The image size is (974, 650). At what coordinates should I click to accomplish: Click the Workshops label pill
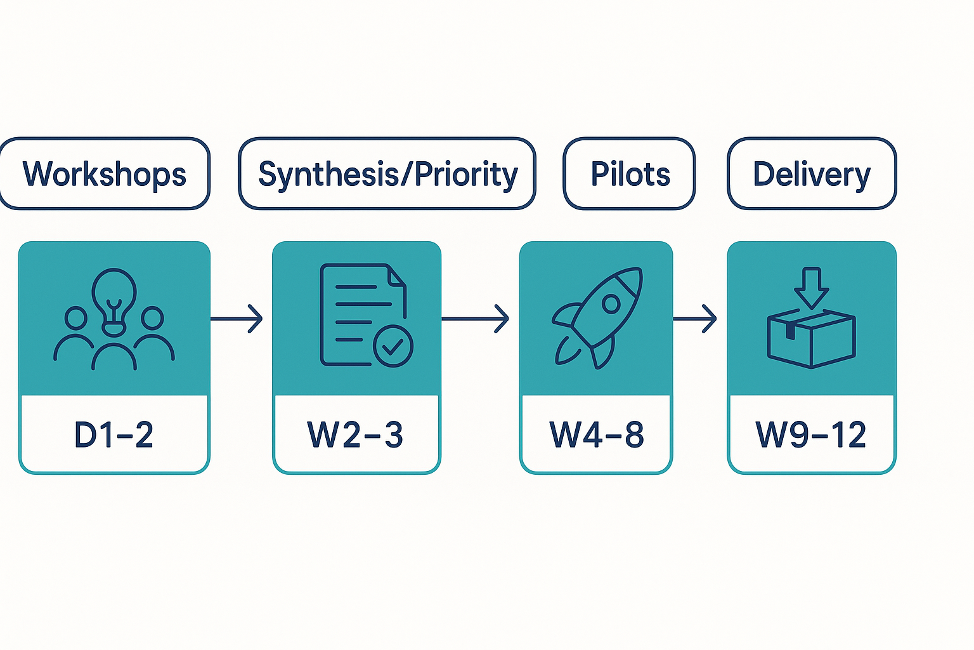coord(105,174)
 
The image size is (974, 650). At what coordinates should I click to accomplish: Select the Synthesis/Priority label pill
coord(387,174)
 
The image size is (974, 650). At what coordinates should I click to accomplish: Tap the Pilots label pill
coord(630,174)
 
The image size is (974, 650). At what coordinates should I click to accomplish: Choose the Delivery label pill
coord(812,174)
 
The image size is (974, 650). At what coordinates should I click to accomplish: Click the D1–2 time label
coord(114,435)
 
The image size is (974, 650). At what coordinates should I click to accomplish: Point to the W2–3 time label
coord(356,435)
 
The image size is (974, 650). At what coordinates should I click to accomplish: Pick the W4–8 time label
coord(596,435)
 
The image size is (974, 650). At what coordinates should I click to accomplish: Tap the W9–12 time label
coord(811,435)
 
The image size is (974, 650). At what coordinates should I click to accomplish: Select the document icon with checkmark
coord(361,314)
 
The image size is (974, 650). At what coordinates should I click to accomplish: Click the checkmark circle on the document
coord(393,346)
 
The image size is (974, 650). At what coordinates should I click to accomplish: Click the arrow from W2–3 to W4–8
coord(476,319)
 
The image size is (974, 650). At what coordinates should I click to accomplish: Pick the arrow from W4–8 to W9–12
coord(695,319)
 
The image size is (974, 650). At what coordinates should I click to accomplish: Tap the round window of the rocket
coord(611,304)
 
